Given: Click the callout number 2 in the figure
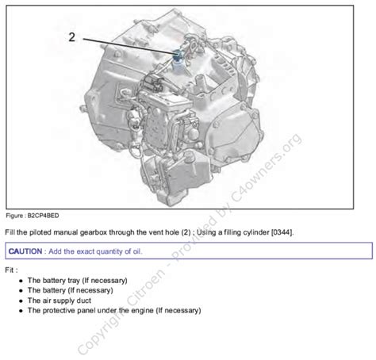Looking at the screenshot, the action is (x=72, y=37).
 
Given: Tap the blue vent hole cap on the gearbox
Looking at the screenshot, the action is (x=177, y=55).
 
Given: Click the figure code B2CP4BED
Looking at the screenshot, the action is (x=43, y=216).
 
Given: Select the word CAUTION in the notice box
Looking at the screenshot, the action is (x=25, y=251).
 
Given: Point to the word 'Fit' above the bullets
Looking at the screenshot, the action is (x=10, y=270).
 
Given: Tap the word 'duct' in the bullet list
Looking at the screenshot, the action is (x=83, y=301).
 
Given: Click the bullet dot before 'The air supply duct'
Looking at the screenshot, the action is (x=21, y=301).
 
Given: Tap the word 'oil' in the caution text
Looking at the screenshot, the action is (x=137, y=251).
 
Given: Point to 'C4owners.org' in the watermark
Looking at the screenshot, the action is (x=266, y=168).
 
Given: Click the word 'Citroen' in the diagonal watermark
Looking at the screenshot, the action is (x=146, y=286).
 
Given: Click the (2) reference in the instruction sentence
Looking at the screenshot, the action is (x=186, y=232).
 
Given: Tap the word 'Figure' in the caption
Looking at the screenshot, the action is (x=14, y=216).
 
